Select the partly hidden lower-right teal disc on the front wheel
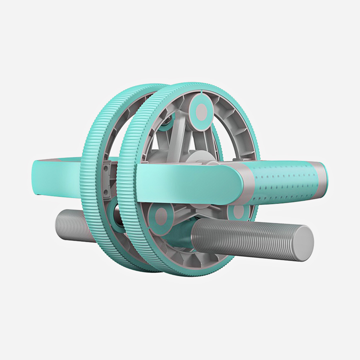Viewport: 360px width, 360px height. tap(239, 211)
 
